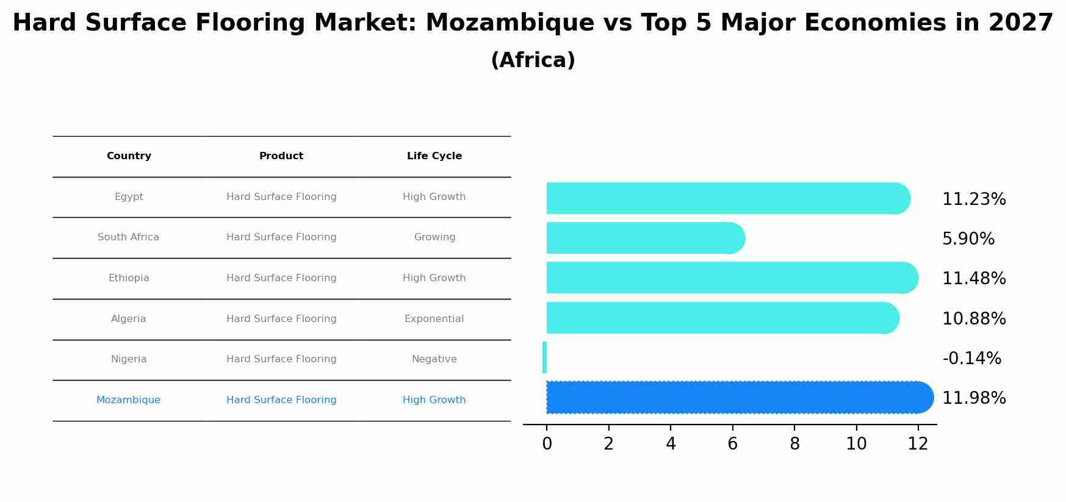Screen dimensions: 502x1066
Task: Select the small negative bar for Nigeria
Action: point(544,357)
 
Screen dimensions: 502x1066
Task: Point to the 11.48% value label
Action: point(974,279)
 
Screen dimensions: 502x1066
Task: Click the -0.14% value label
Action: point(971,359)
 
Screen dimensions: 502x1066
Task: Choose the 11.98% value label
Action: point(974,398)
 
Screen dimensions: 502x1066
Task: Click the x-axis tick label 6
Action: point(732,444)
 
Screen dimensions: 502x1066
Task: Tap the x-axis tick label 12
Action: point(918,444)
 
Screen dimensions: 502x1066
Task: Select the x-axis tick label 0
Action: point(547,444)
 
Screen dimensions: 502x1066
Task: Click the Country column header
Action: point(129,156)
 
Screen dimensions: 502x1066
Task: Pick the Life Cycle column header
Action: point(434,156)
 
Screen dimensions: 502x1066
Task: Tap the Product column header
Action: point(281,156)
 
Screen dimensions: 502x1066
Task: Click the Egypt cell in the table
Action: point(129,197)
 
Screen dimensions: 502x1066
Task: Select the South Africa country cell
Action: point(128,237)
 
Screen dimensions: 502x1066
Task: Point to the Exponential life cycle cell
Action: point(434,319)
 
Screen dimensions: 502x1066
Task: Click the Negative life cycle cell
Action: point(434,359)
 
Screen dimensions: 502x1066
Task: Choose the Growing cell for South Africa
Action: point(434,237)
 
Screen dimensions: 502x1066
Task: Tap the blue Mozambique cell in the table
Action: point(128,400)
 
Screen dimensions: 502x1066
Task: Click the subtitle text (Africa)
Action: point(533,60)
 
